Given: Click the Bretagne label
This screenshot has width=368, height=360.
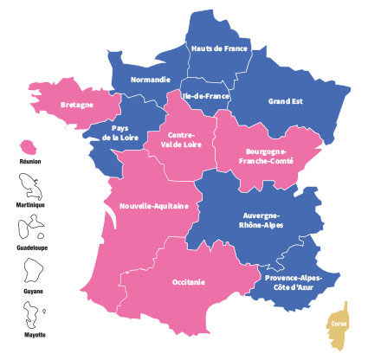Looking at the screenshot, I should coord(77,106).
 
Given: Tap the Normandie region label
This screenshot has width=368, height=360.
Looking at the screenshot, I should coord(150,80).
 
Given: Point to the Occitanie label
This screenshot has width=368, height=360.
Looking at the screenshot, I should coord(184,282).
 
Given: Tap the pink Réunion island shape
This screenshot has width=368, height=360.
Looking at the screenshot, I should coord(30,146).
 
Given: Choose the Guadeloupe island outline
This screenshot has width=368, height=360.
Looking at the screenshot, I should coord(30,228).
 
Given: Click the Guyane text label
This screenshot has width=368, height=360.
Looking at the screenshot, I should coord(30,292).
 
